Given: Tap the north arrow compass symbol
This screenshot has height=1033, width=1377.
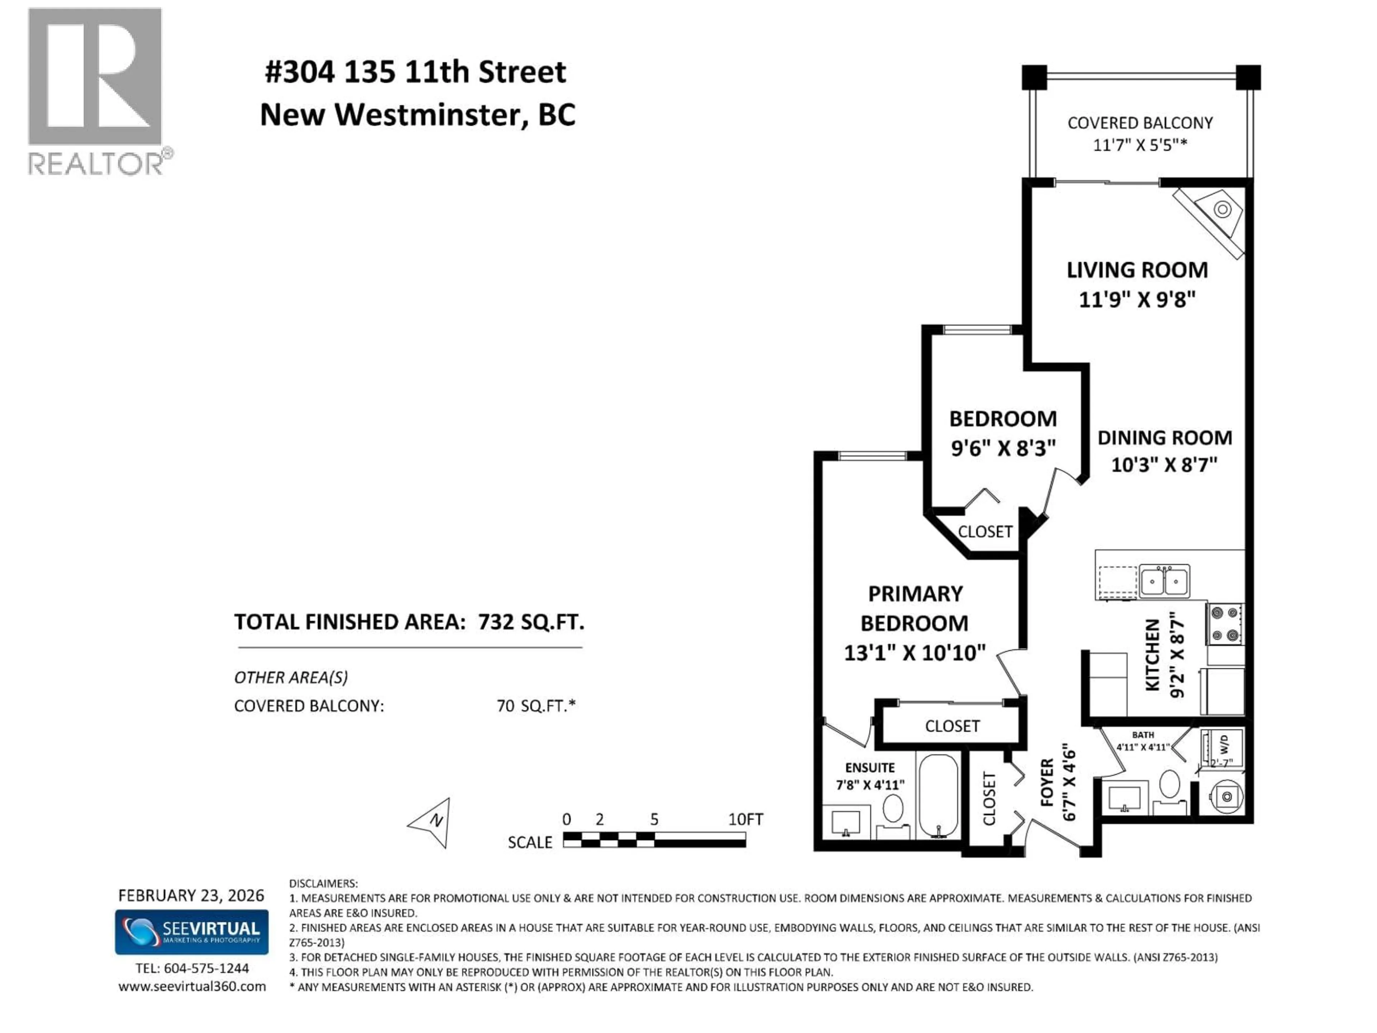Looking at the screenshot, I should (x=431, y=822).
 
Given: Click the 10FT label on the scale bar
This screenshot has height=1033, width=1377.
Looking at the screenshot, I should (x=745, y=820).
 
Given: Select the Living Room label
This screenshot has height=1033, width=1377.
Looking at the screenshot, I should (x=1137, y=270).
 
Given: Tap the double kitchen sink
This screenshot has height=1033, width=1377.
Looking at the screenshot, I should (x=1164, y=581).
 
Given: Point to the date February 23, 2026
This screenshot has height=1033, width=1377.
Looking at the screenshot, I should (x=191, y=895).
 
